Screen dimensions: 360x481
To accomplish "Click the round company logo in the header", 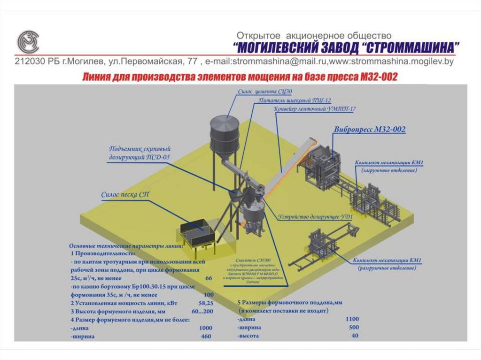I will pos(28,42).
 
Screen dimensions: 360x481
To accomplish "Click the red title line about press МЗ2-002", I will pos(240,77).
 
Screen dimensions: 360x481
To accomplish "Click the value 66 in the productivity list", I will pos(209,278).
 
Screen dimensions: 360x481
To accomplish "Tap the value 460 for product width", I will pos(206,337).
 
